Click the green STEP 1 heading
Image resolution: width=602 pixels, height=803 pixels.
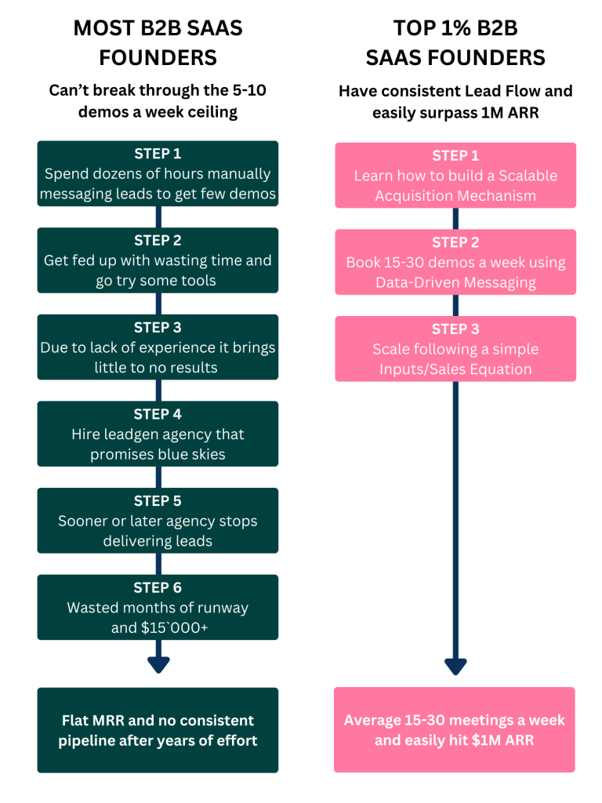click(x=158, y=154)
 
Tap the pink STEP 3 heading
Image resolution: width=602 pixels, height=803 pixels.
click(x=455, y=329)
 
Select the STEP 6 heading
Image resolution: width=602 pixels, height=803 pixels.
click(x=158, y=587)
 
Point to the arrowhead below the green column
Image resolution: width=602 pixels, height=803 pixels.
click(x=158, y=664)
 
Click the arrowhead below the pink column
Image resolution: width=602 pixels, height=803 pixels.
click(x=455, y=667)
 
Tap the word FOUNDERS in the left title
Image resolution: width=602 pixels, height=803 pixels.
click(x=158, y=58)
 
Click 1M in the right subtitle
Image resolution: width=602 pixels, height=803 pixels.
click(x=492, y=113)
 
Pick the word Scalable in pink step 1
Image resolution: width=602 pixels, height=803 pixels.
click(x=528, y=176)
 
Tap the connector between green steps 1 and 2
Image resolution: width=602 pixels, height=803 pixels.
click(x=158, y=217)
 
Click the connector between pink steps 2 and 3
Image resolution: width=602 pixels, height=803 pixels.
click(x=455, y=306)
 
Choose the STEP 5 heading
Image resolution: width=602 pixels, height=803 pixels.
click(x=158, y=501)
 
